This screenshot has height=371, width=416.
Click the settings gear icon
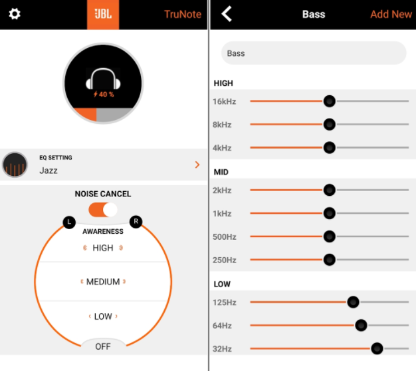[x=15, y=14]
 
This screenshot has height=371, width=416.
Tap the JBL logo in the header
[x=103, y=14]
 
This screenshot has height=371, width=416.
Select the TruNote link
[x=183, y=14]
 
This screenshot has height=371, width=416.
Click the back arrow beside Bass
[x=227, y=13]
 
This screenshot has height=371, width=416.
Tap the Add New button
[x=391, y=14]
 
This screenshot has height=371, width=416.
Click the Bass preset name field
[x=314, y=53]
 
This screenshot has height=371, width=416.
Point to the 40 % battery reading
[x=104, y=94]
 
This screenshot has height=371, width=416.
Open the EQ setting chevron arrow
[x=197, y=165]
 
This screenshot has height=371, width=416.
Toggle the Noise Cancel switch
[x=103, y=210]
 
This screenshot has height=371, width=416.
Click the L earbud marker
[x=69, y=222]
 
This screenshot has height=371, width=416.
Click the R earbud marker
[x=136, y=222]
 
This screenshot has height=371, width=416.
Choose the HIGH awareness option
[x=103, y=248]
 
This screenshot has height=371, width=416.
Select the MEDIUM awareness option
[x=103, y=282]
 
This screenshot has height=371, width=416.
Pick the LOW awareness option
[x=103, y=316]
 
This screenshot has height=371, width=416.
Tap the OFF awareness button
[x=103, y=346]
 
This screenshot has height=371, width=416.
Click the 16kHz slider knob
[x=330, y=101]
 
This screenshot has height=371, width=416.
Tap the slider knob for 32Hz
[x=377, y=348]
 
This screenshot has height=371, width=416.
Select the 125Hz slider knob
[x=353, y=302]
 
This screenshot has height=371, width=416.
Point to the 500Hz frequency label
[x=225, y=236]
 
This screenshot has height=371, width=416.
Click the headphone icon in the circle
[x=103, y=79]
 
